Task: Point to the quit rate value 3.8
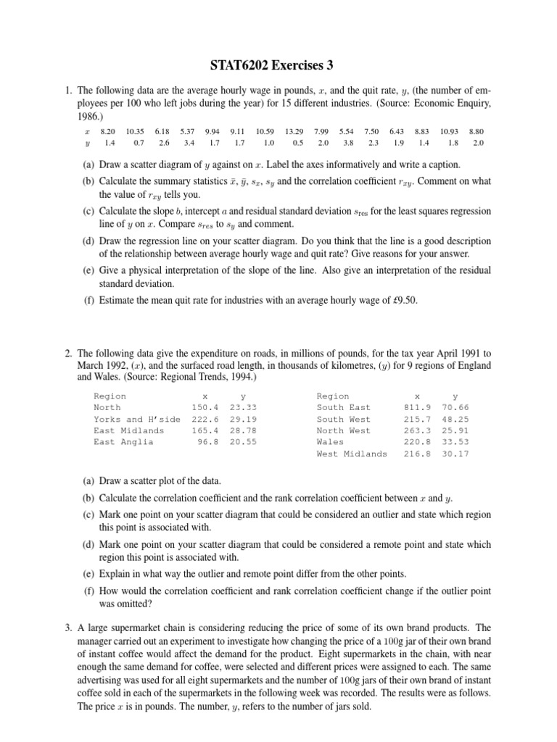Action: [x=348, y=143]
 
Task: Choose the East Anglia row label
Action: [x=123, y=442]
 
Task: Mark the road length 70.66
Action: [x=455, y=407]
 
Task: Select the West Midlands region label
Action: [x=352, y=454]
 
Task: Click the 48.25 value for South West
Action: [x=455, y=419]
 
